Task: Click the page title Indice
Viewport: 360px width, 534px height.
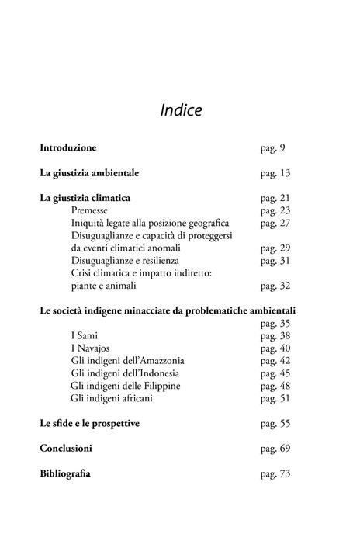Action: click(x=181, y=110)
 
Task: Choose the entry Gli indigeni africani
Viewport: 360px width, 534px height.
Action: click(x=112, y=398)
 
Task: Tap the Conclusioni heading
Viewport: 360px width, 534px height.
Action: click(x=66, y=449)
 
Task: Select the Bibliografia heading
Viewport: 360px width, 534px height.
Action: click(x=65, y=473)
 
